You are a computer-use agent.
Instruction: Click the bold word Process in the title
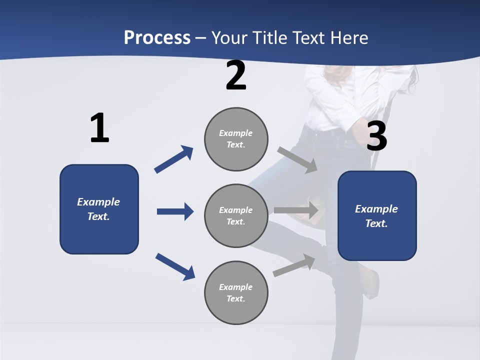tap(157, 38)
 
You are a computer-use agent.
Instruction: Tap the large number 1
tap(99, 128)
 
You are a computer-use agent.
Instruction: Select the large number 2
tap(236, 75)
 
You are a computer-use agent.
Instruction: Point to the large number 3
tap(376, 136)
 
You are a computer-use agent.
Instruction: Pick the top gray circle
tap(236, 138)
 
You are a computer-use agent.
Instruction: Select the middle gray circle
tap(236, 215)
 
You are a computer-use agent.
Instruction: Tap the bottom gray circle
tap(236, 292)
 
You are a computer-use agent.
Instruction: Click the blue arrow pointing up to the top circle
tap(173, 159)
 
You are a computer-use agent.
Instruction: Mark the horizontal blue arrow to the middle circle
tap(175, 211)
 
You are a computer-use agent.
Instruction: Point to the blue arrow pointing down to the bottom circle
tap(175, 266)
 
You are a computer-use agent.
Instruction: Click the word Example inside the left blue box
tap(98, 202)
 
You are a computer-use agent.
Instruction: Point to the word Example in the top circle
tap(235, 133)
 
